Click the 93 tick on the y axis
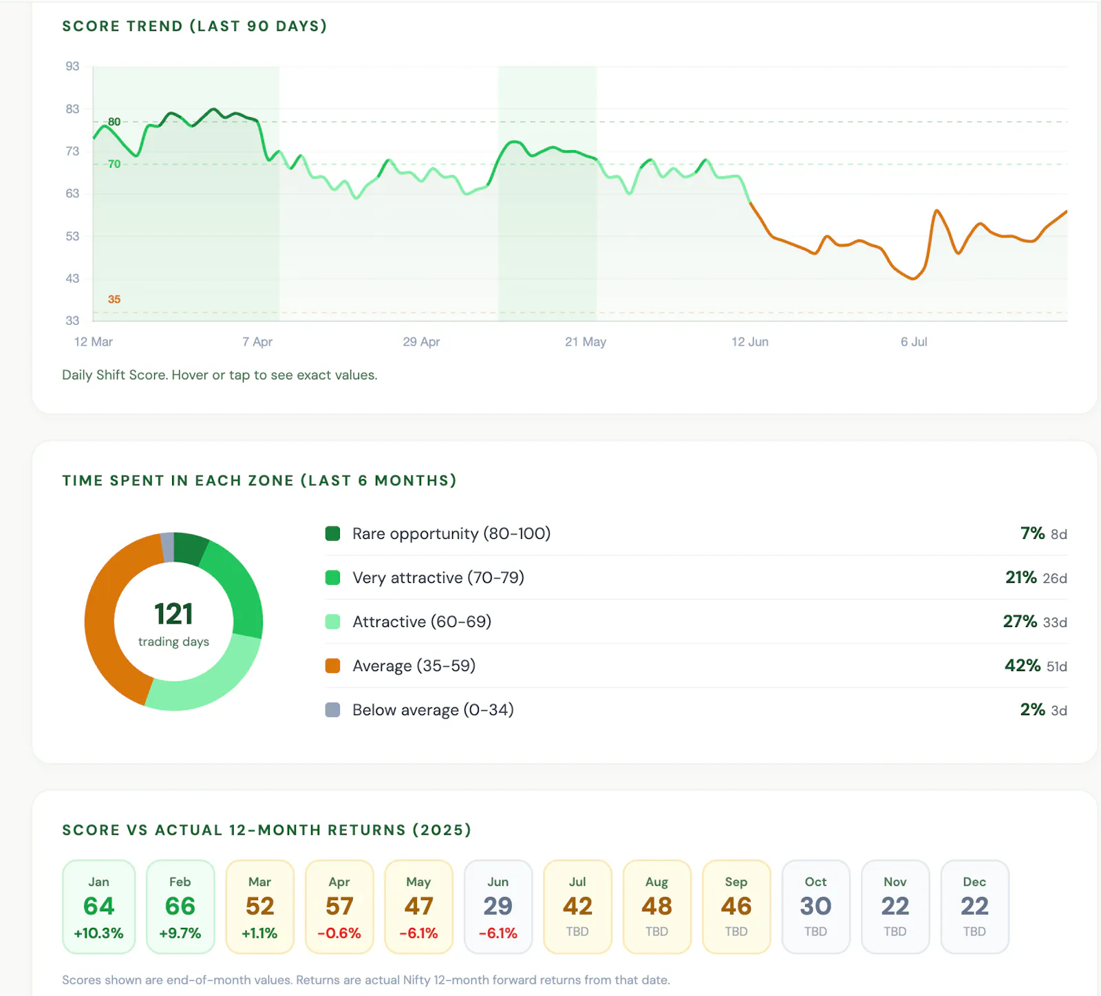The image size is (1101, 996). point(72,66)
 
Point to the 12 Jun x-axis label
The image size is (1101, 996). point(749,341)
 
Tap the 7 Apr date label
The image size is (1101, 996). point(257,341)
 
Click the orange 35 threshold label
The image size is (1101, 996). point(114,299)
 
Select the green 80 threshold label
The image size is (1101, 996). point(114,122)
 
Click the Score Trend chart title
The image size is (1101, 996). point(194,26)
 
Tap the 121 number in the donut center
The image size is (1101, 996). point(173,613)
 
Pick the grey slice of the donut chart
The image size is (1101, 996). point(167,547)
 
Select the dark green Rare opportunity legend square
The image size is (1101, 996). point(332,533)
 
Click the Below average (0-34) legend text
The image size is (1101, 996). point(433,710)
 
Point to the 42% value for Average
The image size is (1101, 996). point(1022,666)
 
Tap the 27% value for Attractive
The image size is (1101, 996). point(1020,622)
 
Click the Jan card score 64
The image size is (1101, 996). point(98,906)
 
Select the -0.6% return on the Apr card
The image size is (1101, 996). point(339,933)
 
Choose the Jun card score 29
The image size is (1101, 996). point(498,906)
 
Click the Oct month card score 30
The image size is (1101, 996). point(815,906)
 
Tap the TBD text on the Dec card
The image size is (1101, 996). point(974,931)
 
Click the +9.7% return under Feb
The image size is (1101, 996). point(180,933)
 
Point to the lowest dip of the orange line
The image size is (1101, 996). point(913,279)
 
